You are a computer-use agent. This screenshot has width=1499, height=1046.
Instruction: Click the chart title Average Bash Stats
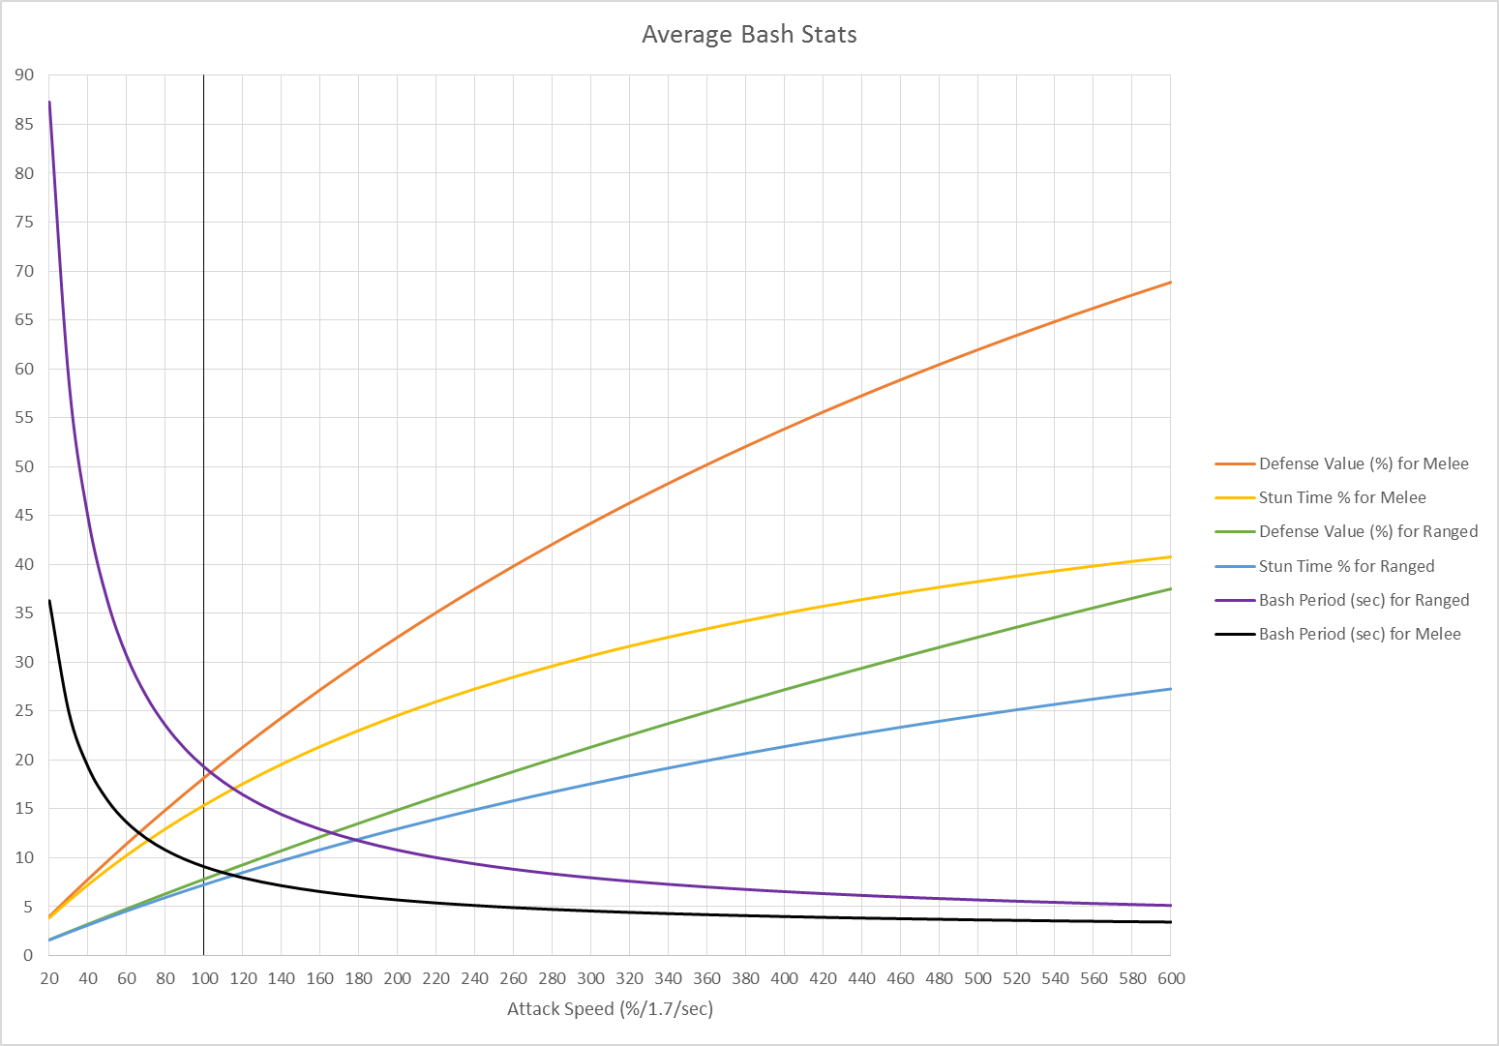(749, 35)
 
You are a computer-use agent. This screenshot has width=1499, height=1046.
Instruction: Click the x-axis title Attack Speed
(610, 1009)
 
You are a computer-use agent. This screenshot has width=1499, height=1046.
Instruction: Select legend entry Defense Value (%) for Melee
(1363, 464)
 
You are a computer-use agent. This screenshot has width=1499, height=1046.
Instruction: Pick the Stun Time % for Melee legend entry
(1341, 498)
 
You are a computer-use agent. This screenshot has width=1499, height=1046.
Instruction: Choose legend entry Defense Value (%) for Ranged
(1367, 532)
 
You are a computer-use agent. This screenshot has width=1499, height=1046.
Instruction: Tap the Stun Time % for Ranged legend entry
(1345, 566)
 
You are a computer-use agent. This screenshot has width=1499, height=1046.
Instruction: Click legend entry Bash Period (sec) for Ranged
(1363, 600)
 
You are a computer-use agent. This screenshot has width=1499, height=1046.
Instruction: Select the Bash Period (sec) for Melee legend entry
(1359, 635)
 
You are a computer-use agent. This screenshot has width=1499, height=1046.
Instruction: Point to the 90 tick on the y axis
(23, 75)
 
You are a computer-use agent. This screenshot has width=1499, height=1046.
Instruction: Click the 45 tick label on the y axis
(23, 516)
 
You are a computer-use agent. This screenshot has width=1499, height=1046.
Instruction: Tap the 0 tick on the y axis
(28, 956)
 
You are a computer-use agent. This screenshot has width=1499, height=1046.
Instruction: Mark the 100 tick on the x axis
(204, 978)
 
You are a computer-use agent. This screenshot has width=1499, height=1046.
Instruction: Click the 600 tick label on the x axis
(1171, 978)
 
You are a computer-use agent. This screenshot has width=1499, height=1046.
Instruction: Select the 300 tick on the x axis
(590, 978)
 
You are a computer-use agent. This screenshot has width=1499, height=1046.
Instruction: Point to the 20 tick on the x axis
(49, 978)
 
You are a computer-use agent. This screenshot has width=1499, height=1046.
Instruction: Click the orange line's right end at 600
(1171, 283)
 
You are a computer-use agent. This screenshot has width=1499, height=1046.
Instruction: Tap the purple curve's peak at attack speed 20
(49, 102)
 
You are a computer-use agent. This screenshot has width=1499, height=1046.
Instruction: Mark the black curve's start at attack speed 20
(49, 600)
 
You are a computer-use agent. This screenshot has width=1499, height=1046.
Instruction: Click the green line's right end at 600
(1171, 589)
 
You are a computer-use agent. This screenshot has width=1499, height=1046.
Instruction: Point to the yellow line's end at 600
(1171, 557)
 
